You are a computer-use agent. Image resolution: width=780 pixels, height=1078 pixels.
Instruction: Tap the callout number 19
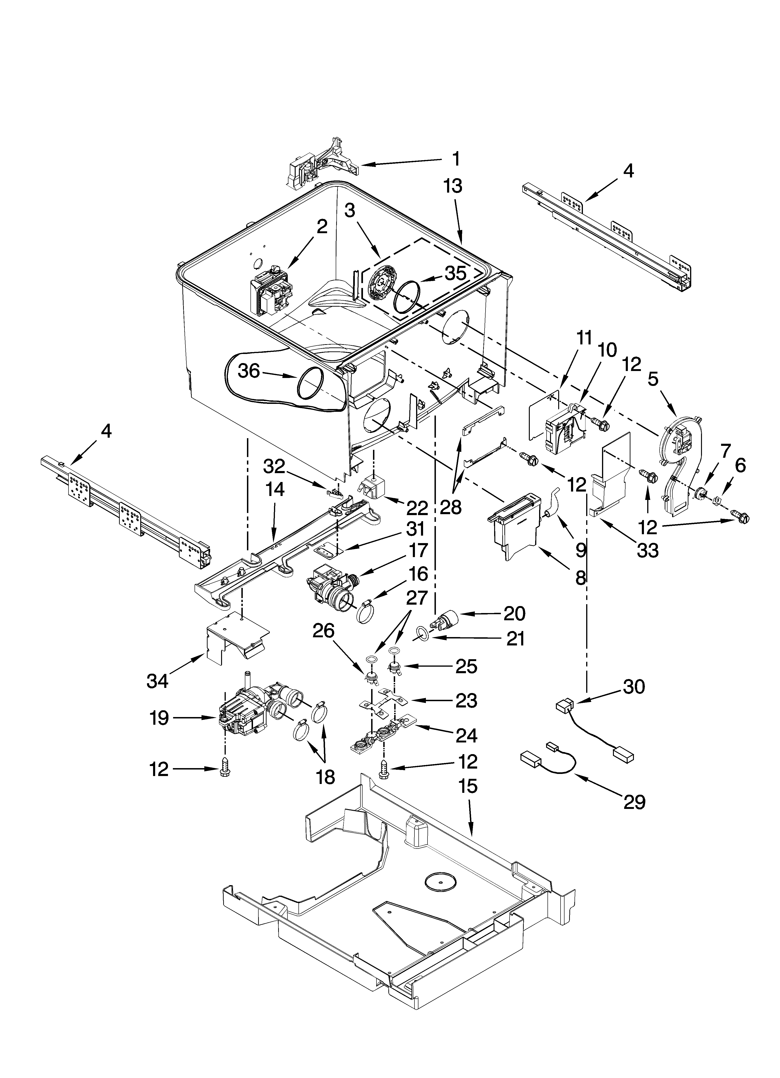tap(159, 718)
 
